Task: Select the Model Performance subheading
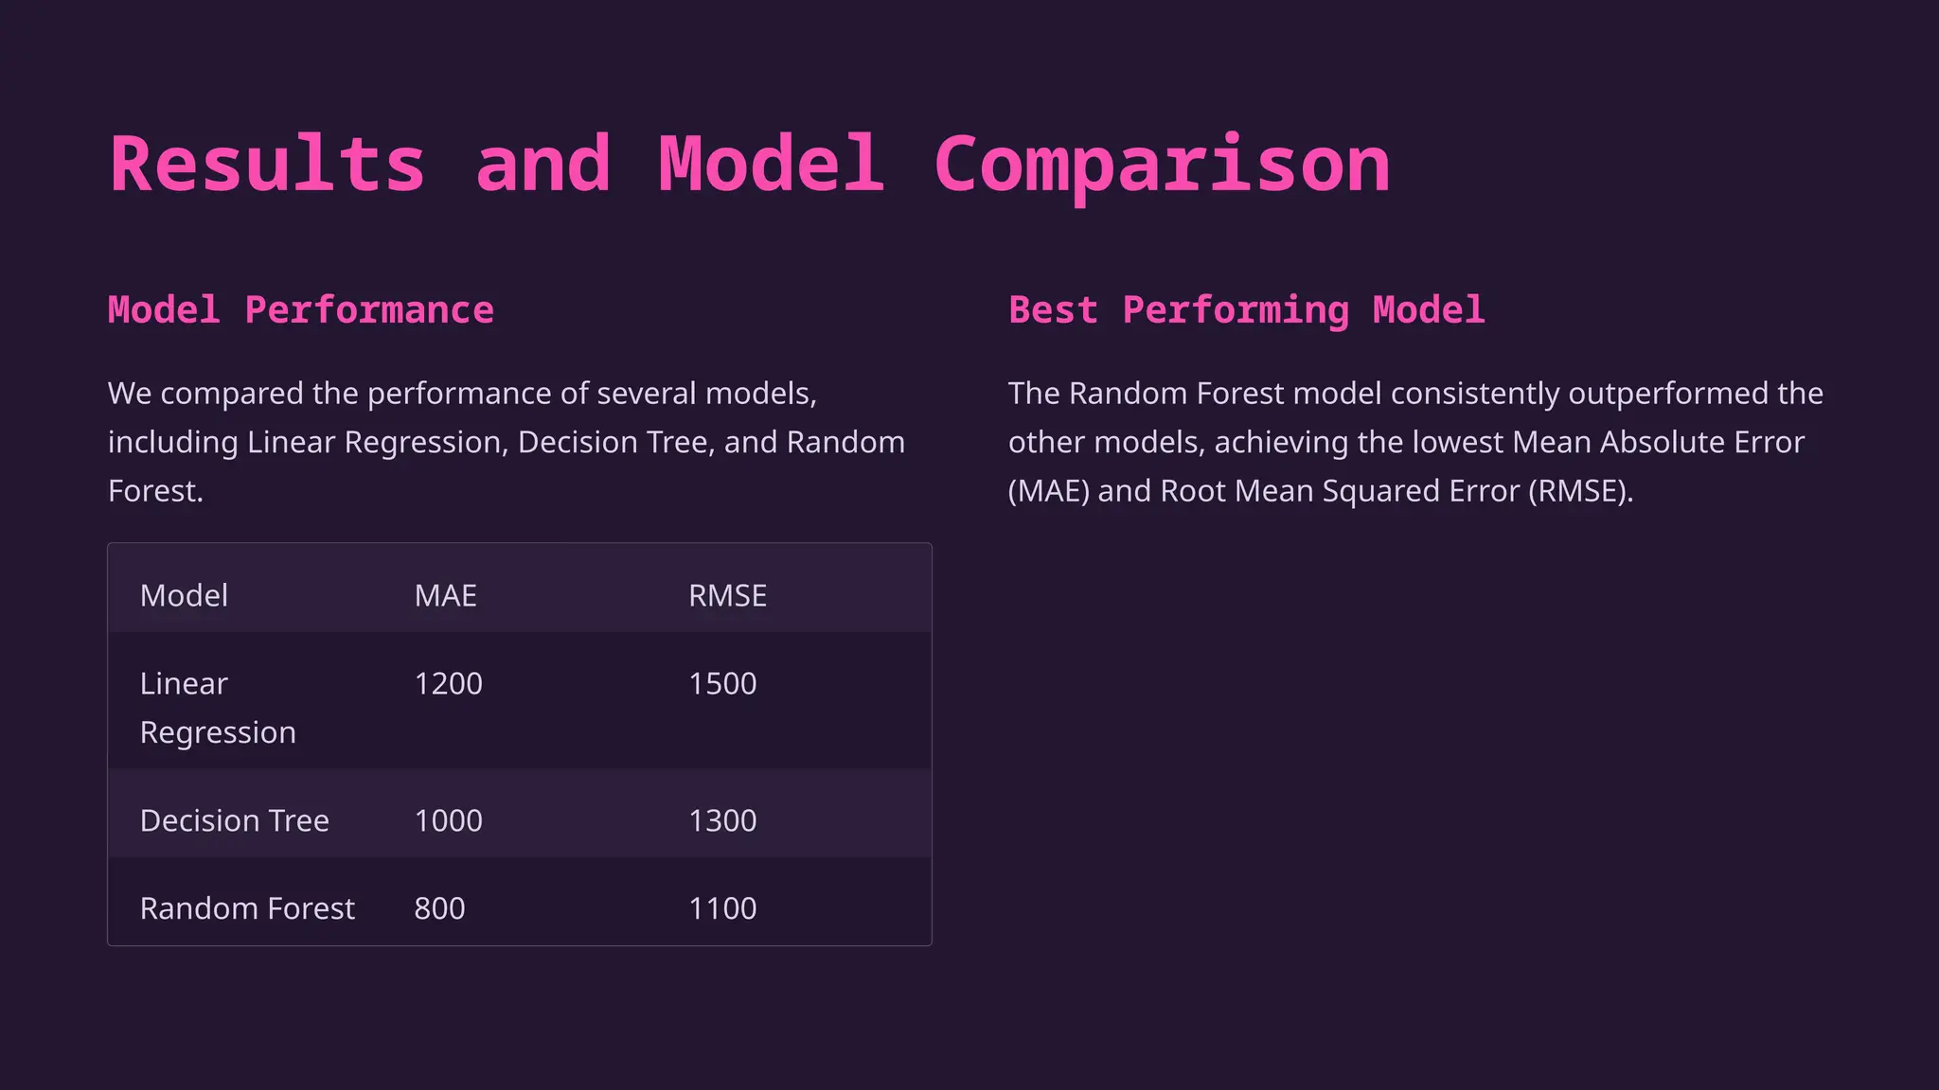[301, 310]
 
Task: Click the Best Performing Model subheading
[1246, 310]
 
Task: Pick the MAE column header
[445, 595]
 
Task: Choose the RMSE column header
[727, 595]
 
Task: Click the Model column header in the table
[184, 595]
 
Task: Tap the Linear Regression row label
[218, 708]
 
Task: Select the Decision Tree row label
[235, 820]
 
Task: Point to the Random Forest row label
[247, 908]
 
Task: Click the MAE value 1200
[448, 683]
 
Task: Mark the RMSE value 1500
[722, 683]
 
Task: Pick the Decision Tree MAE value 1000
[448, 820]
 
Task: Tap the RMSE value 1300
[722, 820]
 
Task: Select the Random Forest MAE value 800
[439, 908]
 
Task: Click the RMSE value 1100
[722, 908]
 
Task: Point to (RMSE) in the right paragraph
[1580, 491]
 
